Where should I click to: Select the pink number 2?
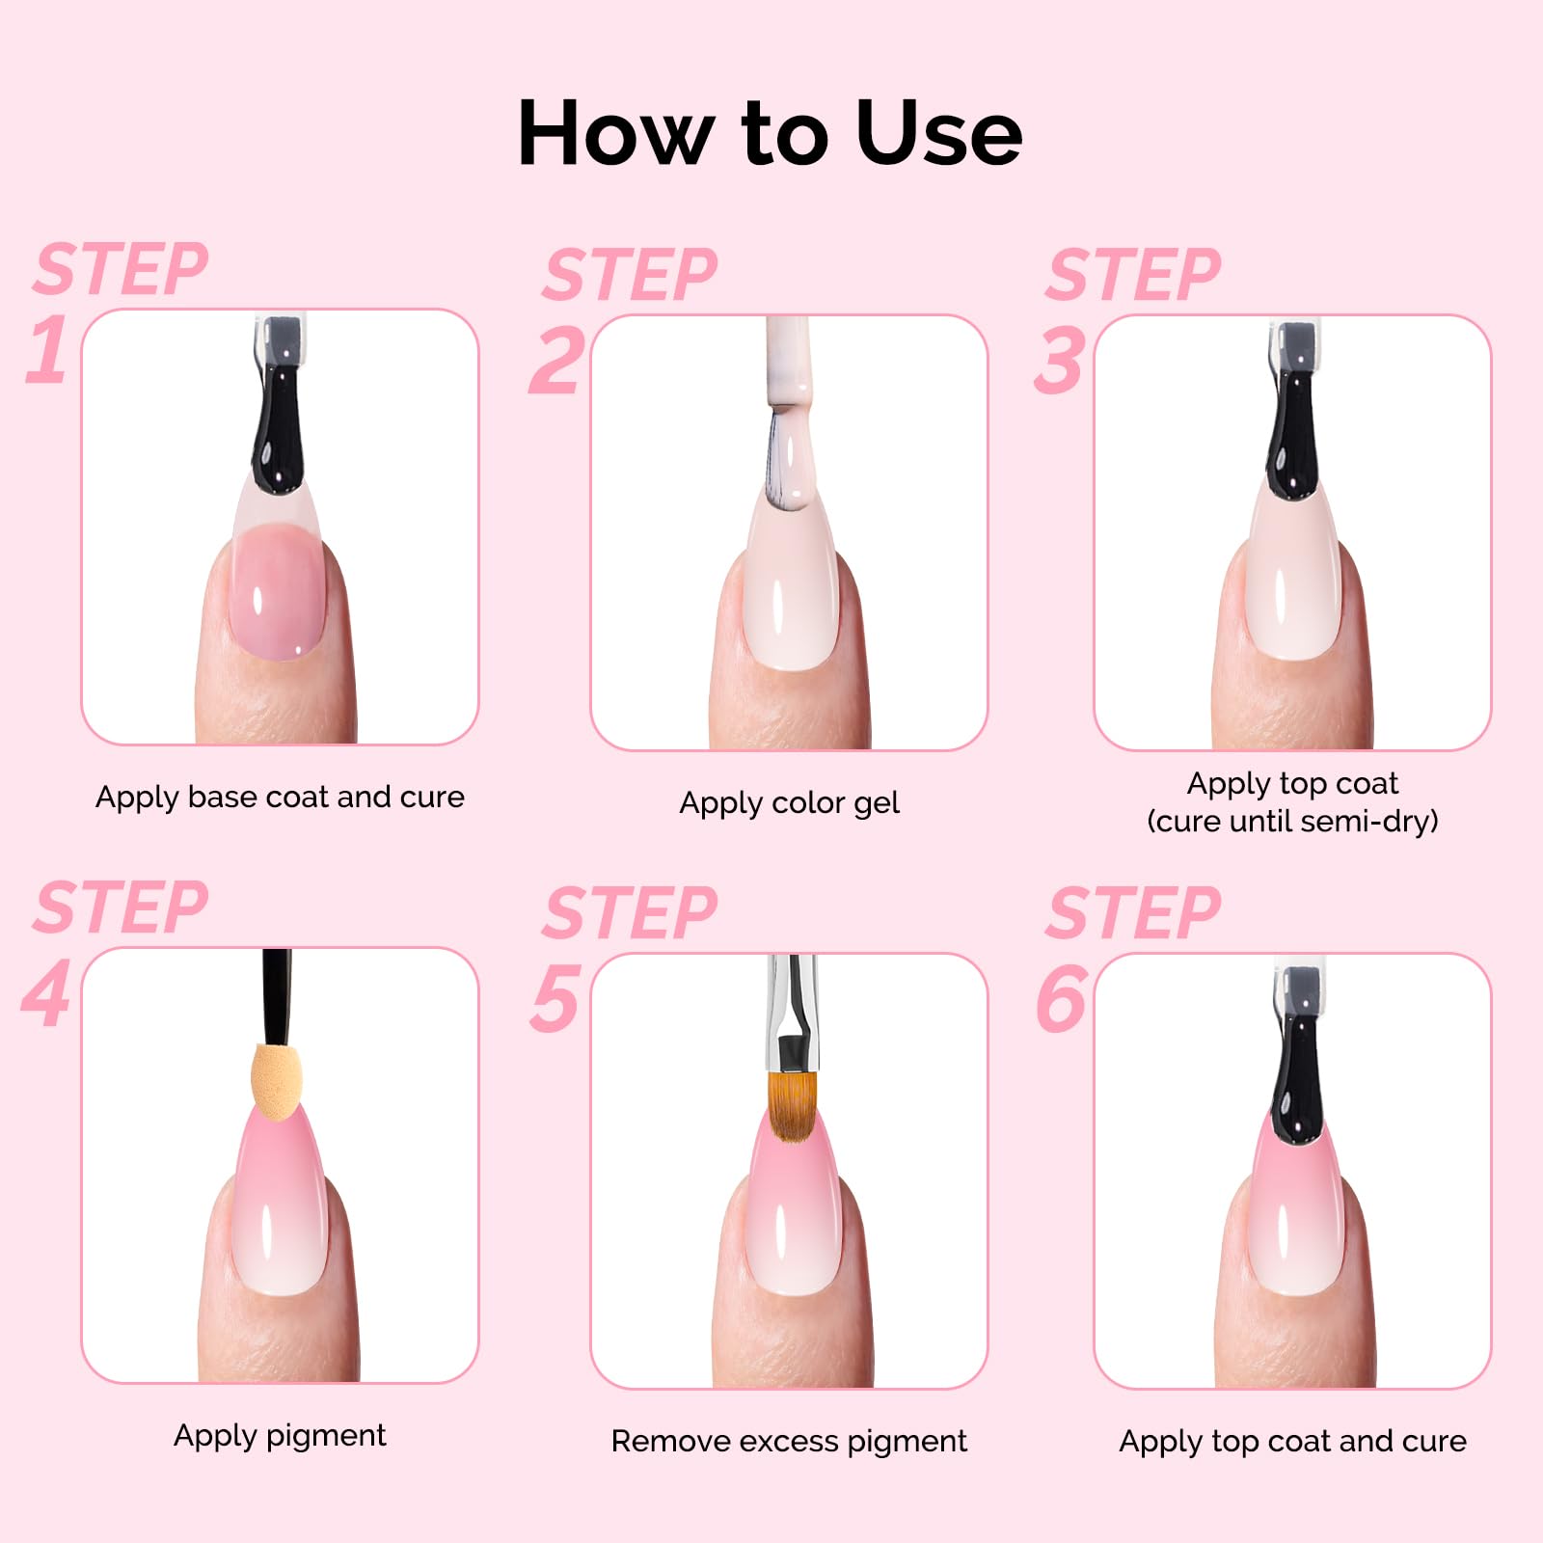click(556, 361)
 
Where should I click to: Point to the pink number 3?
click(1059, 361)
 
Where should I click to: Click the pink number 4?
click(46, 993)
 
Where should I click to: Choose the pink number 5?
click(555, 998)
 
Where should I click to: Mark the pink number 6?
click(1061, 998)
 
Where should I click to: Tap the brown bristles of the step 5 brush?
click(793, 1106)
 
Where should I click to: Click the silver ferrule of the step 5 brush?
click(793, 1013)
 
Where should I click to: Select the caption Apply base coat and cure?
click(280, 798)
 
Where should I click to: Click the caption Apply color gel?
click(789, 803)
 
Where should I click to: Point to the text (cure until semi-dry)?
click(1292, 822)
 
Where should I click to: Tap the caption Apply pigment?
click(280, 1436)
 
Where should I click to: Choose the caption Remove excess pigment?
click(789, 1442)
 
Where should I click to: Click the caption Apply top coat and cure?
click(1292, 1442)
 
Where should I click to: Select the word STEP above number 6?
click(1133, 913)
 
